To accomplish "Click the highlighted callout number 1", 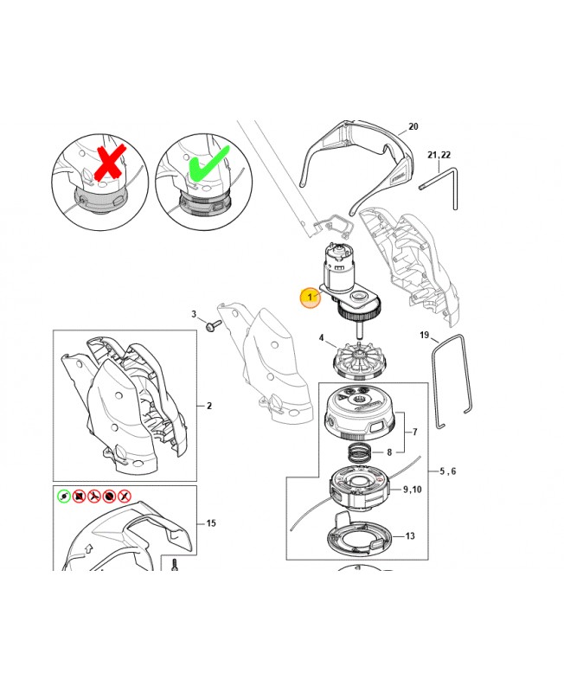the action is click(310, 297).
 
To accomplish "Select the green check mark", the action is click(208, 164).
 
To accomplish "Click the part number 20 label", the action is click(413, 126).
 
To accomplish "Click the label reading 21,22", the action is click(439, 155).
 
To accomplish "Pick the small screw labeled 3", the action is click(212, 326).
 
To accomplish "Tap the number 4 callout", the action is click(321, 338).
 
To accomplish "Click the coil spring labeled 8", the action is click(360, 452).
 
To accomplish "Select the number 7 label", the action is click(415, 432).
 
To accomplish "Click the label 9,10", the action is click(413, 490).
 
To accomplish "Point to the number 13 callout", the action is click(410, 535).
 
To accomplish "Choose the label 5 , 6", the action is click(448, 471).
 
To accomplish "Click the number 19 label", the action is click(424, 335).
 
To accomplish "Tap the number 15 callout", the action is click(211, 523).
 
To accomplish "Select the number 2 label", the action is click(209, 406).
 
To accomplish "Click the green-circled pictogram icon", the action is click(64, 496).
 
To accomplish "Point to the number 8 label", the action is click(389, 452).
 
